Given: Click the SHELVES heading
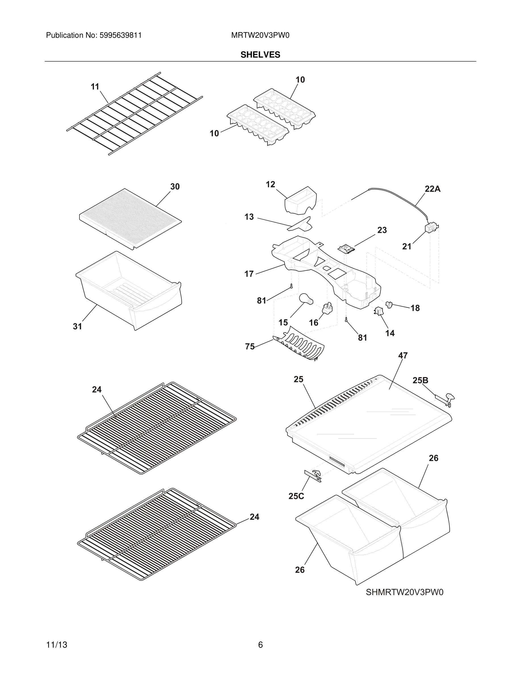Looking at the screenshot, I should [260, 55].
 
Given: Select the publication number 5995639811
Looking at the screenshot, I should [120, 35].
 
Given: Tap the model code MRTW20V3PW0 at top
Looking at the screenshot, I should [260, 35].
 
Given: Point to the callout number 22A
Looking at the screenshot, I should [432, 189].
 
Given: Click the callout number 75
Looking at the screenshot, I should [250, 347].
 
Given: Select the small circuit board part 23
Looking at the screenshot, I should [346, 249].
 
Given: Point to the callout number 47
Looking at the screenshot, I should [403, 355].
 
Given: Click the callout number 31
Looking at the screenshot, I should [77, 326].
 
